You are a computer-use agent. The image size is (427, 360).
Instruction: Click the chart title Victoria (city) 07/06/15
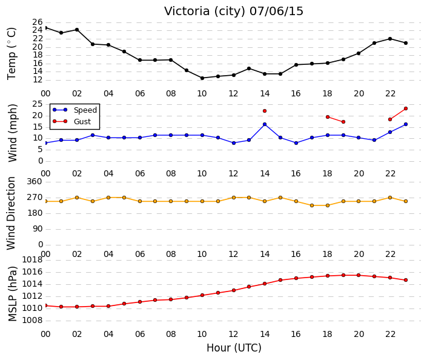234,11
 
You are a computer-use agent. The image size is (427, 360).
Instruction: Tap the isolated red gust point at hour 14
265,111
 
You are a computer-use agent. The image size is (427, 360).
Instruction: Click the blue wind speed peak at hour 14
265,124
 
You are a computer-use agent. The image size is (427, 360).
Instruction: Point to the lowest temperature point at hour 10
202,78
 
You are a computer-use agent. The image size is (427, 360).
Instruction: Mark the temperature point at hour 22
390,39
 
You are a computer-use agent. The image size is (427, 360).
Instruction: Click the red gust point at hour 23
406,108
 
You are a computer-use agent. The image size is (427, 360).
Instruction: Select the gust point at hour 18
328,117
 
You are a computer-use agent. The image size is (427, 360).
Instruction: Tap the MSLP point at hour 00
45,305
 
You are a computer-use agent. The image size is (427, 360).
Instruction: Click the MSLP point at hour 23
406,280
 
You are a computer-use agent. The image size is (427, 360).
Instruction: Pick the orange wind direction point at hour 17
312,205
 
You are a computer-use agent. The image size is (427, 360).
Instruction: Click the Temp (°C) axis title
12,54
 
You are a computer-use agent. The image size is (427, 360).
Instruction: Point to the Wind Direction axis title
11,213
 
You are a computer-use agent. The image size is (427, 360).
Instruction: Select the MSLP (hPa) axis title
12,293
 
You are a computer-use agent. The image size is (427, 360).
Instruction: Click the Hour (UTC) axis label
234,348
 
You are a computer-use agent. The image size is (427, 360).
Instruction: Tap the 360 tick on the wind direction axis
35,181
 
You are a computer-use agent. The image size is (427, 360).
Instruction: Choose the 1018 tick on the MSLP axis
32,260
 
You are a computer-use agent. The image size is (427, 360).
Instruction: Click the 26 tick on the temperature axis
38,22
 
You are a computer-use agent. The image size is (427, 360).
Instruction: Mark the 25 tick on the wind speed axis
38,104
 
